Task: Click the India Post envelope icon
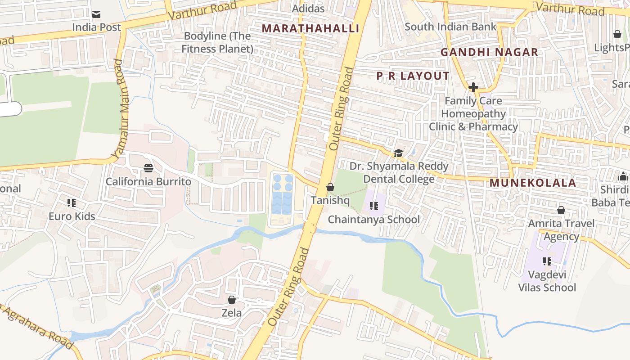coord(96,14)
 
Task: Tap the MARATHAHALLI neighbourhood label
coord(310,28)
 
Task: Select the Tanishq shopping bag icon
coord(330,187)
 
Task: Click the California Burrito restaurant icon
coord(148,168)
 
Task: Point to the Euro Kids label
coord(72,216)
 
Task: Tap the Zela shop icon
coord(232,300)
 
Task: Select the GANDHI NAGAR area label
coord(489,52)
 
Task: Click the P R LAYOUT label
coord(413,76)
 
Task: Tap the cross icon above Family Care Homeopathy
coord(473,87)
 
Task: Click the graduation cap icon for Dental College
coord(398,153)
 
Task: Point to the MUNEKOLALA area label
coord(532,183)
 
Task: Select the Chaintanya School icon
coord(373,206)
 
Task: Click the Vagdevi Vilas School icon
coord(547,261)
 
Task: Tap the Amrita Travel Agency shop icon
coord(561,210)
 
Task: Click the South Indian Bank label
coord(450,27)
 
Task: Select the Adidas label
coord(308,9)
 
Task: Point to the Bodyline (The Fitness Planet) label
coord(217,42)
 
